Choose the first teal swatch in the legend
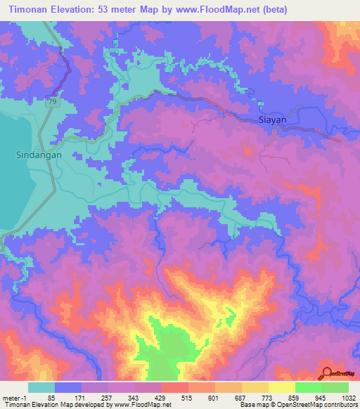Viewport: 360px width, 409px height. point(41,388)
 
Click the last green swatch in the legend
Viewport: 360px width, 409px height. point(335,388)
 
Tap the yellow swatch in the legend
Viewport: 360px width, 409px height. point(281,388)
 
